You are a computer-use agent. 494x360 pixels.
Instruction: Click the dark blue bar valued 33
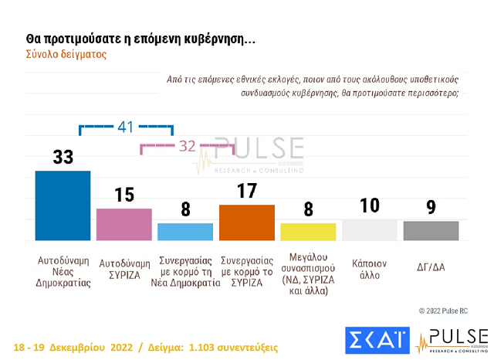(63, 206)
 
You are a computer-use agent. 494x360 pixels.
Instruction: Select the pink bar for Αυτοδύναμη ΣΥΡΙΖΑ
(123, 225)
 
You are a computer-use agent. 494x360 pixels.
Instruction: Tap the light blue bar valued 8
(185, 233)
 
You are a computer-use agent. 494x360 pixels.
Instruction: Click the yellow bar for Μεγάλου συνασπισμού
(308, 233)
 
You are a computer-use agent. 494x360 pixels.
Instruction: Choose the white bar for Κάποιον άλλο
(369, 230)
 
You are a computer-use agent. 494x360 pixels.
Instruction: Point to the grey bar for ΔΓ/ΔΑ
(431, 231)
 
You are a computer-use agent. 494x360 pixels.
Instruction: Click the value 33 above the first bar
(63, 157)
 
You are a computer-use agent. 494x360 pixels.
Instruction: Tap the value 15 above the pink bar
(124, 195)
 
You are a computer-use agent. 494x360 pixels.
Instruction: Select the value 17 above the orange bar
(247, 191)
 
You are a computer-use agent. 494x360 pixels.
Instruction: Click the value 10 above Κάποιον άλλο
(370, 205)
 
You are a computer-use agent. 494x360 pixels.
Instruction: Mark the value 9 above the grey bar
(431, 207)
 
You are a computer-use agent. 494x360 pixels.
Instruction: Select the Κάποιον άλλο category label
(370, 267)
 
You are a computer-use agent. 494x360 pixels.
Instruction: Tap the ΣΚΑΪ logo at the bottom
(377, 341)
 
